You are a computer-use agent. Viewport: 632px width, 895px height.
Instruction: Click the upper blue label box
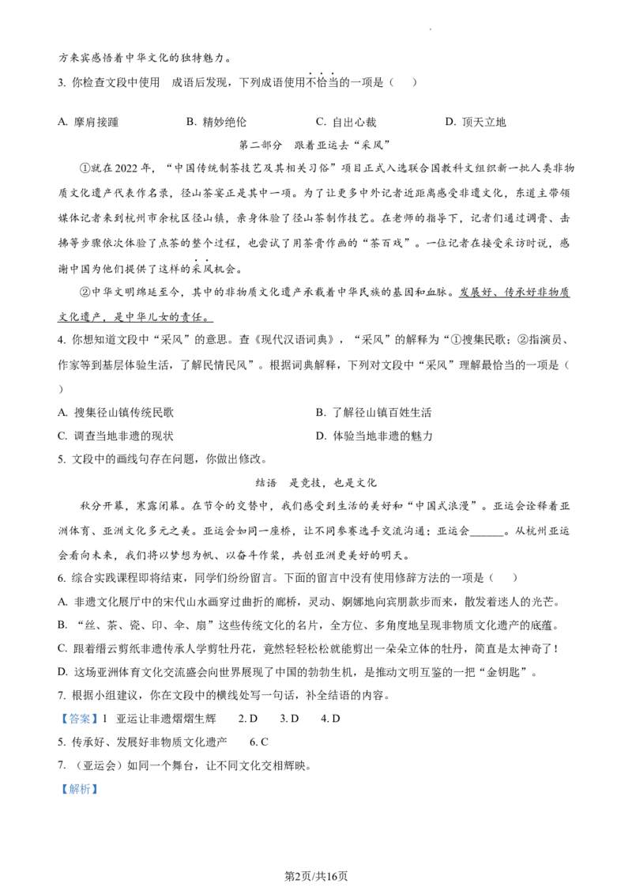79,718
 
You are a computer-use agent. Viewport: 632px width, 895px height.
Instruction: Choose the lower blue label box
79,787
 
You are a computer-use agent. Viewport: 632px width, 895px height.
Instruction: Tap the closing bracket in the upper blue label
95,719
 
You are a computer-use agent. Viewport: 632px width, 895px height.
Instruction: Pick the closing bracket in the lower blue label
95,788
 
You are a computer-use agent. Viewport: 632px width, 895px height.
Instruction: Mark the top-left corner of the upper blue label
58,709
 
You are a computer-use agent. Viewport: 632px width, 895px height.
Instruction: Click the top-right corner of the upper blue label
100,709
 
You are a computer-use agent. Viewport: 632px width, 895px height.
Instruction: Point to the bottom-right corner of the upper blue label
100,727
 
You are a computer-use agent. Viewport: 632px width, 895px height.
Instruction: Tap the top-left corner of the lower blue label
58,779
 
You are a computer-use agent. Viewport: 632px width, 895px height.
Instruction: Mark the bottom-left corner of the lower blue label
58,796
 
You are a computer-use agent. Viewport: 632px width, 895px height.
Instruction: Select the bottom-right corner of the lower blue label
100,796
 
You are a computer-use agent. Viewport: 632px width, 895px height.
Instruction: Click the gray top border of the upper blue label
79,710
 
